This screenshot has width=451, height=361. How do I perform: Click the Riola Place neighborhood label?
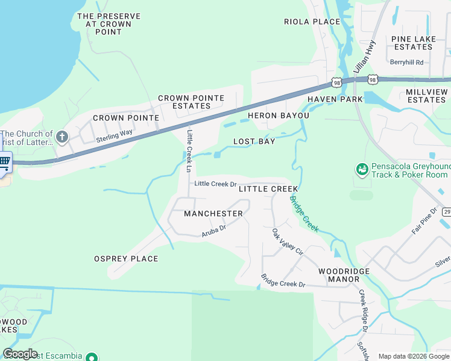[312, 22]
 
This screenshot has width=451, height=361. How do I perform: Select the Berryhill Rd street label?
[406, 62]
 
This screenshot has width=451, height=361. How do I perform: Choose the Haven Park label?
[335, 99]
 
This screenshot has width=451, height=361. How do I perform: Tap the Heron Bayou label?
[278, 116]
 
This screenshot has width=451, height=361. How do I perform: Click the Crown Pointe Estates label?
[191, 102]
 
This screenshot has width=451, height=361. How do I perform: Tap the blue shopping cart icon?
[4, 161]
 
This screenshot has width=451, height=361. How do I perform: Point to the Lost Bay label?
[254, 142]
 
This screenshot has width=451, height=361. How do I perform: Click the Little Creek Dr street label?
[215, 184]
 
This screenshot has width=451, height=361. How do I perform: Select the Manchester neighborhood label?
[213, 214]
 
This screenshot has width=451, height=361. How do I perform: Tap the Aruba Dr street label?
[213, 229]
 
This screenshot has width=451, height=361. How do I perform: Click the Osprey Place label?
[126, 259]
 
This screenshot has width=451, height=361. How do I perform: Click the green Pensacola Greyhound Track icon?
[362, 170]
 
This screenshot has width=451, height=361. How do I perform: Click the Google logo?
[20, 354]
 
